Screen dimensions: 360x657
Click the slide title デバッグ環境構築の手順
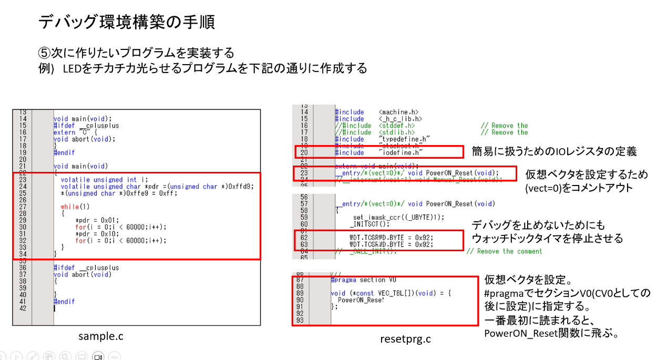coord(126,22)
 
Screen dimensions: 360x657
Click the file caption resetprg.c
coord(405,339)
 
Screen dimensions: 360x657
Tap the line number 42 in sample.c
coord(23,308)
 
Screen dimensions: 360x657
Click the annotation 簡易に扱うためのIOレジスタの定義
coord(555,152)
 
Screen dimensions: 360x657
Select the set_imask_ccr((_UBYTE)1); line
coord(398,217)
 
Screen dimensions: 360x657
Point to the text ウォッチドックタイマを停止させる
coord(547,239)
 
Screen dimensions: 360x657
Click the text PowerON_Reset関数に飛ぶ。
coord(551,333)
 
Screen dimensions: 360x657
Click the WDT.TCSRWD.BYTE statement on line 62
coord(392,238)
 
